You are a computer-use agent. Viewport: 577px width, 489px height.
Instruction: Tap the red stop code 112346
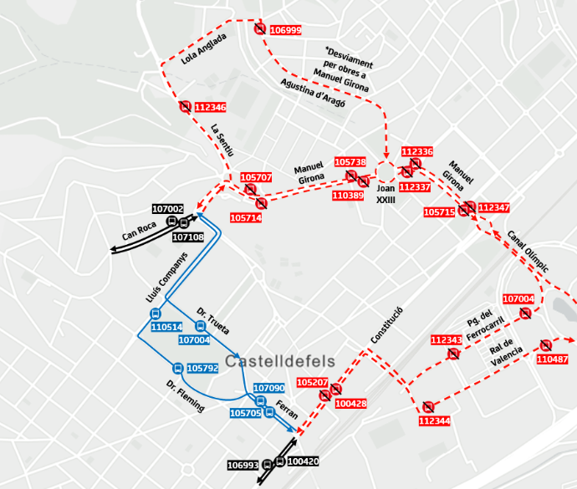[x=211, y=107]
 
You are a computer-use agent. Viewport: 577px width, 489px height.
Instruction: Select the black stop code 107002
[x=167, y=208]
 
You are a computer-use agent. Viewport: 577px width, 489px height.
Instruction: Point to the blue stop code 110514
[x=166, y=327]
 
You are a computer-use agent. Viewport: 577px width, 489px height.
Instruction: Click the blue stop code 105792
[x=202, y=368]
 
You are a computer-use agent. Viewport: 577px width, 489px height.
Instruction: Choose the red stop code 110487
[x=552, y=359]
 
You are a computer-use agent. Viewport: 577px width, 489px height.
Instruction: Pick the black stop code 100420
[x=304, y=461]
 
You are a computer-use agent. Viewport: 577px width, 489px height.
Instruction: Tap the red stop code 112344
[x=433, y=421]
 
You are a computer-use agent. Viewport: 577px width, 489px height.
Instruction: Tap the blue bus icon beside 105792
[x=177, y=368]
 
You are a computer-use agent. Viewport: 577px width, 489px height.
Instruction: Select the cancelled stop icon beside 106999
[x=260, y=29]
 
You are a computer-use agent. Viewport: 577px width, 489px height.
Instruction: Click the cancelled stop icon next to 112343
[x=453, y=354]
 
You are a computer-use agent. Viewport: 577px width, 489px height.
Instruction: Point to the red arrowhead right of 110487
[x=571, y=340]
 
